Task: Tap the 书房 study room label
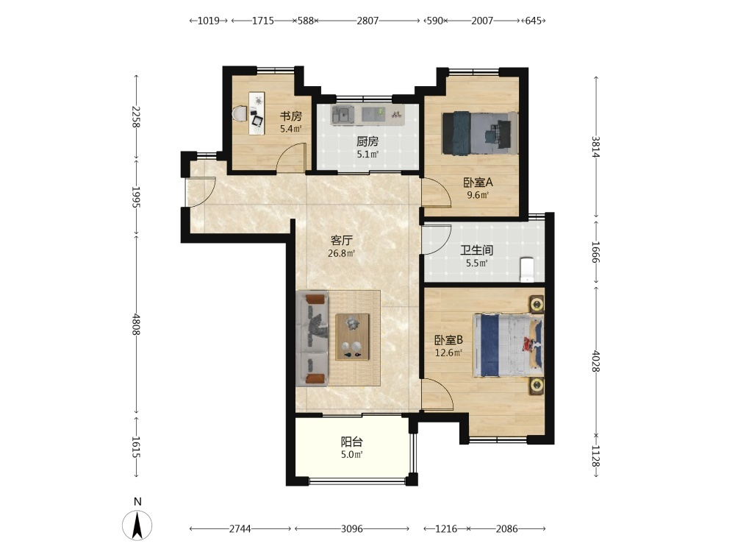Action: tap(291, 116)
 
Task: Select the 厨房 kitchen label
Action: tap(367, 141)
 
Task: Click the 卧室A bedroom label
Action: tap(478, 182)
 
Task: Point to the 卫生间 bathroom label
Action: tap(477, 250)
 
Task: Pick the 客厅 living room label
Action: tap(342, 241)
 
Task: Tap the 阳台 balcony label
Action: tap(351, 442)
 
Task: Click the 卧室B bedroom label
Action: tap(448, 340)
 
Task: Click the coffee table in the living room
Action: tap(352, 336)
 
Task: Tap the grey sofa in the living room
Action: tap(312, 339)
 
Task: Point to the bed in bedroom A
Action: tap(480, 132)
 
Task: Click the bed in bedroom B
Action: tap(509, 345)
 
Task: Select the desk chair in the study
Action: tap(240, 113)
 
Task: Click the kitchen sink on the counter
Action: tap(343, 114)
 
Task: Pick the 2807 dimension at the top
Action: tap(367, 21)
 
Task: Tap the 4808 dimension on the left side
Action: tap(136, 325)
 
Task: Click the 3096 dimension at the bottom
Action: tap(351, 529)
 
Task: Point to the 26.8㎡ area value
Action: tap(341, 254)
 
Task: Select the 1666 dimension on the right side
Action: tap(595, 252)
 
